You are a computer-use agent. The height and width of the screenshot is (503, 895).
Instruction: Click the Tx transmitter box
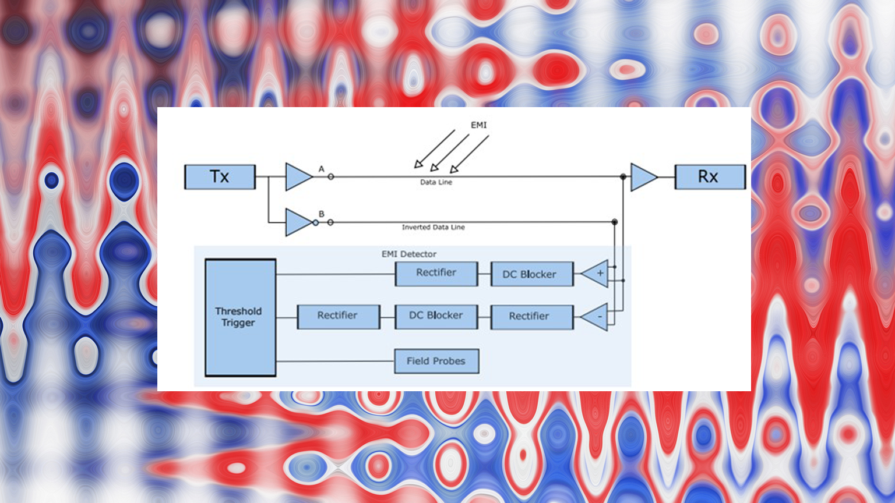[220, 177]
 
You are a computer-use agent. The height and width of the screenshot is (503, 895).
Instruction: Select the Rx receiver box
[710, 177]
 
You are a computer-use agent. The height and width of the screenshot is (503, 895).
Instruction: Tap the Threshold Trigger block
[240, 317]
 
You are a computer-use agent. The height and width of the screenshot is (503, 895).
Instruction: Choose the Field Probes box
[436, 361]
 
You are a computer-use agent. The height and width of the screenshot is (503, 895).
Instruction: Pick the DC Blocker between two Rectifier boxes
[436, 316]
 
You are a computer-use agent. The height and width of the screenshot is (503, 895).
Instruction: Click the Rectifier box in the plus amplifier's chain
[436, 273]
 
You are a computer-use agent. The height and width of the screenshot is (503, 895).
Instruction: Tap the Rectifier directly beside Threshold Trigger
[338, 316]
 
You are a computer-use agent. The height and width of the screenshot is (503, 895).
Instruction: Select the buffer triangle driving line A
[297, 177]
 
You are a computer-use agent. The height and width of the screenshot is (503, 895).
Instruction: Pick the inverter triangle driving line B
[298, 222]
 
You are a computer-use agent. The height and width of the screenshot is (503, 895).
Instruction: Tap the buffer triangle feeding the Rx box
[643, 177]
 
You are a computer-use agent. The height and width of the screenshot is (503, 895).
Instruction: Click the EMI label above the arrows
[478, 125]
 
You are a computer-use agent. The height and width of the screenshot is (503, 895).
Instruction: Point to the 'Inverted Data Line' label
[433, 228]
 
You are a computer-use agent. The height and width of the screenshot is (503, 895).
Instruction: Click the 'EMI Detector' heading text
[408, 254]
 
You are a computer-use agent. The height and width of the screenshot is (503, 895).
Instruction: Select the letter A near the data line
[321, 169]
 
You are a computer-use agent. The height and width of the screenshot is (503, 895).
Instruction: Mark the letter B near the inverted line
[321, 214]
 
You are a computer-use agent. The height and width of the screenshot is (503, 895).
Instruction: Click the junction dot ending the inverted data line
[614, 222]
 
